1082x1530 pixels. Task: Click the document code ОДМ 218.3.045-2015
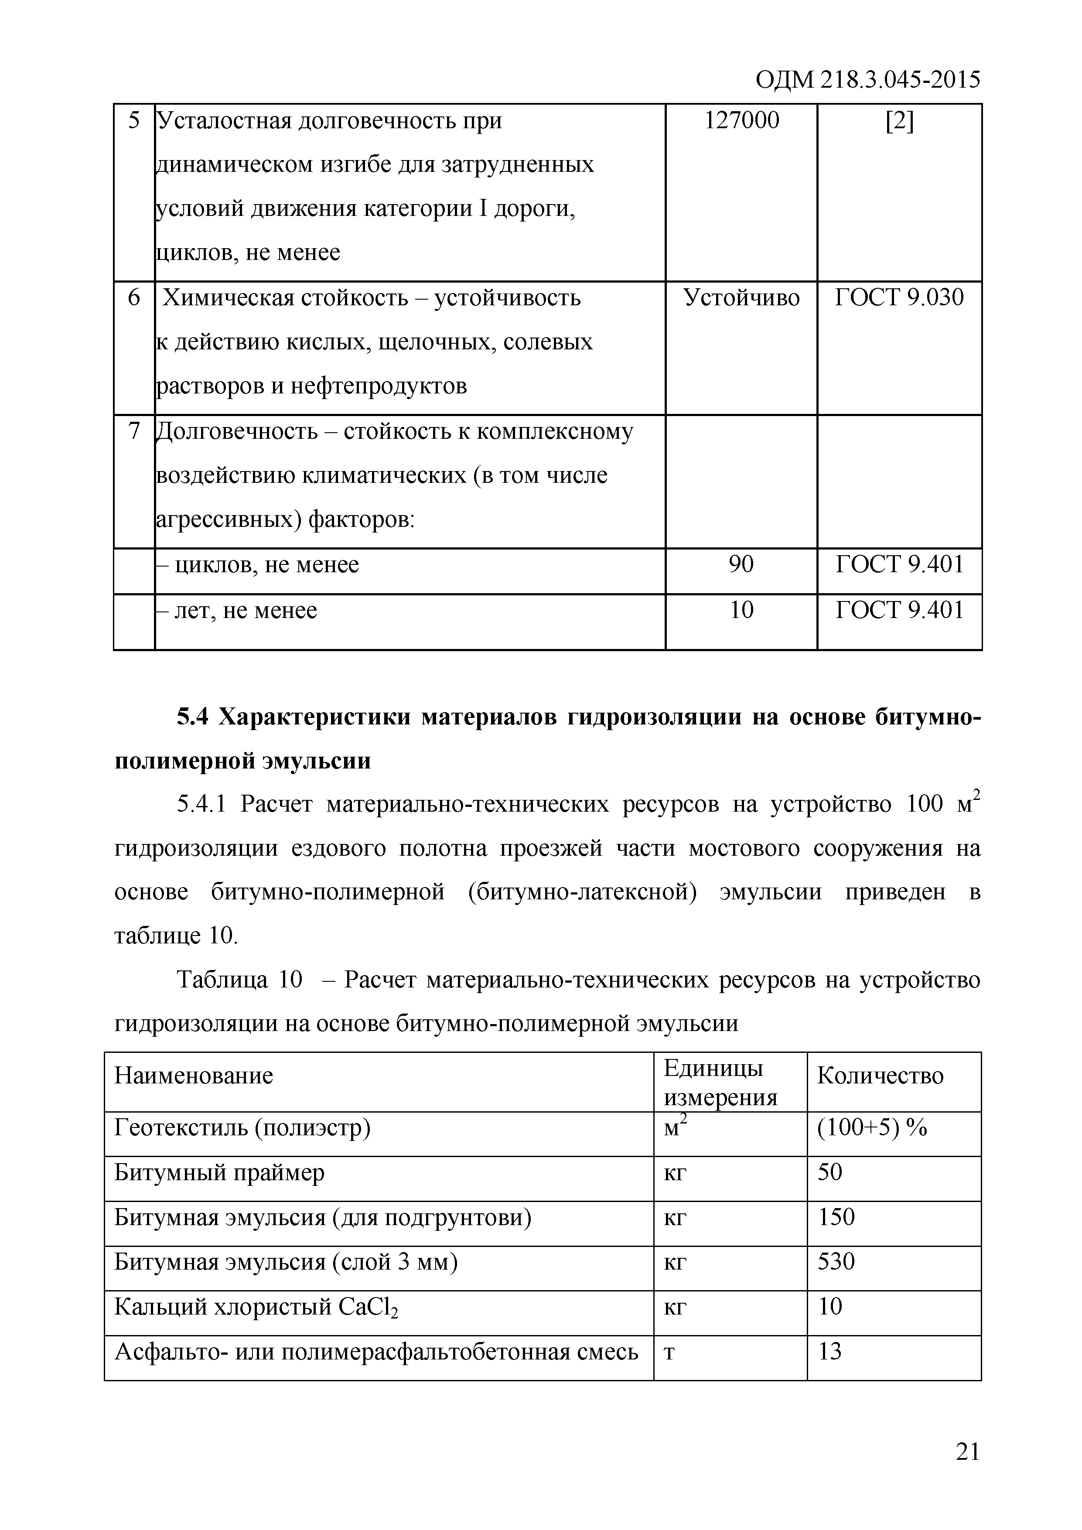tap(867, 80)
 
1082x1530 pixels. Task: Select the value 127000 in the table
tap(741, 121)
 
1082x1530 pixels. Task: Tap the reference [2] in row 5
tap(899, 121)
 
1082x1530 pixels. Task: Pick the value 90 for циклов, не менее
tap(741, 564)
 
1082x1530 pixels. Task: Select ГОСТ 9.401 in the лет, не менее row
tap(899, 610)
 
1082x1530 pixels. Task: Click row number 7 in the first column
tap(134, 432)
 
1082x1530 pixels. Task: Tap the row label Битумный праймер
tap(219, 1173)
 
